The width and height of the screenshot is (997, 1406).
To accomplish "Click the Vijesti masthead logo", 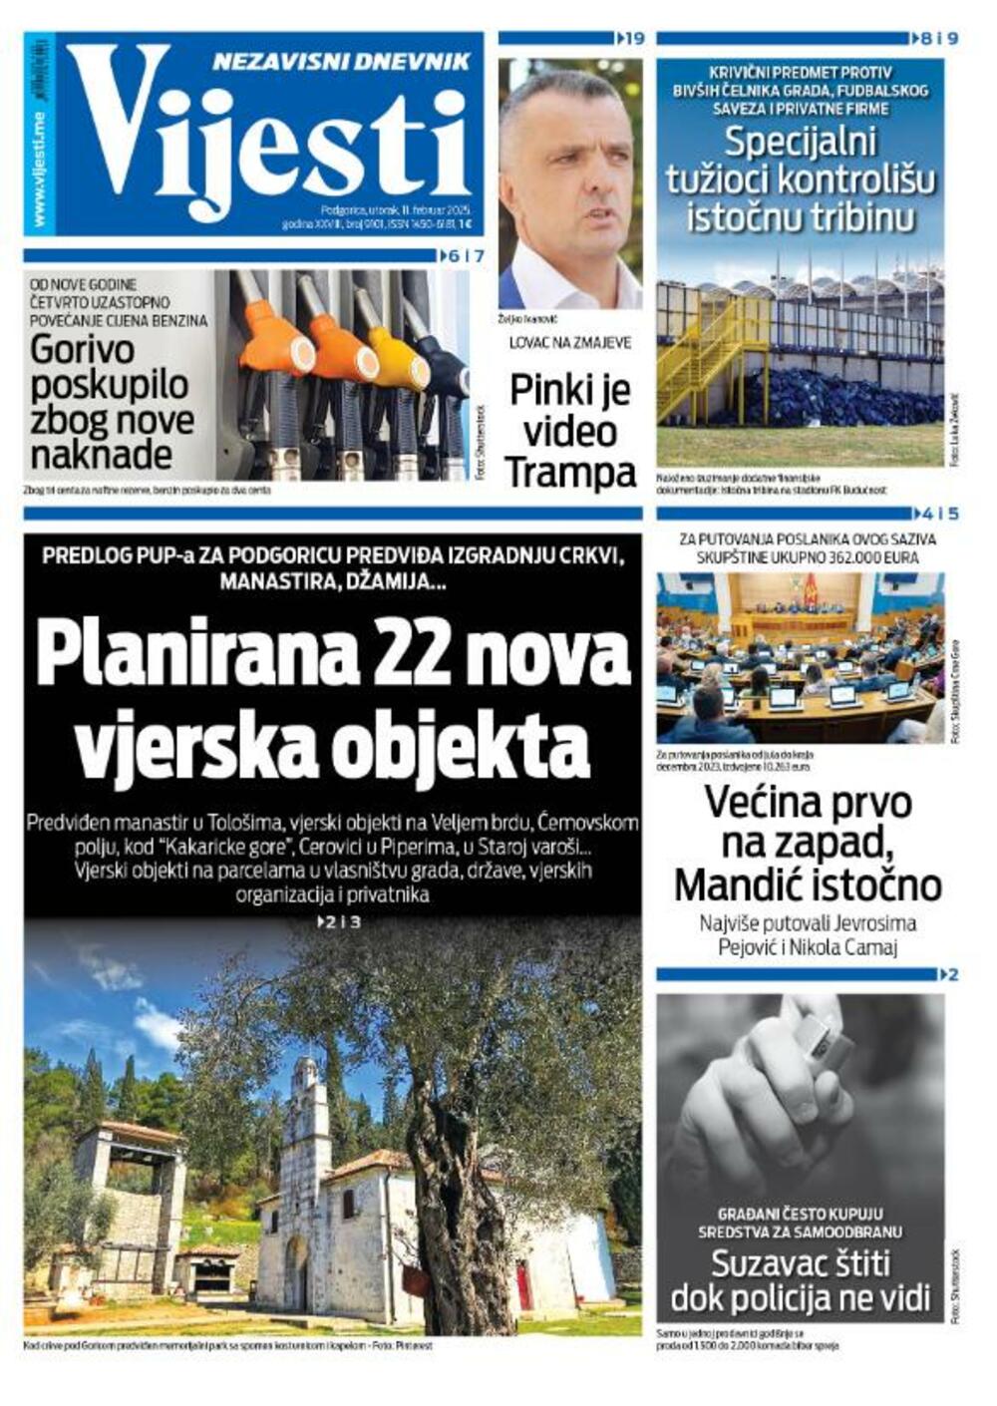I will pos(269,135).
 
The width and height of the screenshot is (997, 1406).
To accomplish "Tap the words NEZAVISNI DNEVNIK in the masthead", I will pos(341,62).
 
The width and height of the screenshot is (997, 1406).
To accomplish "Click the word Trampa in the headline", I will pos(570,472).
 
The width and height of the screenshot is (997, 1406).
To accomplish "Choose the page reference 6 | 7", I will pos(465,256).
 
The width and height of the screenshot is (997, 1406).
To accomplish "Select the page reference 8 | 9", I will pos(938,39).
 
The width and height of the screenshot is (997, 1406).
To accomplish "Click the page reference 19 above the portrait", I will pos(633,39).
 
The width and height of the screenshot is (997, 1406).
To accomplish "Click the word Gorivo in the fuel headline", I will pos(83,350).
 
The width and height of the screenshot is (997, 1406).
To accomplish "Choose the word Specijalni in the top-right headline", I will pos(801,143).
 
